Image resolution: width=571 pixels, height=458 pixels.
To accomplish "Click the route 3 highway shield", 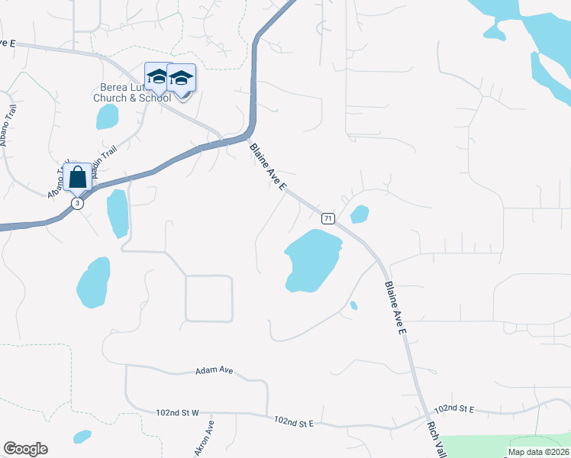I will tap(76, 203).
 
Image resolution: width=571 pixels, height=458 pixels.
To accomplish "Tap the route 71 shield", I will tap(327, 218).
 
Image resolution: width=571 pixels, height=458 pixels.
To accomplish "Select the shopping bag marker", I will tap(78, 177).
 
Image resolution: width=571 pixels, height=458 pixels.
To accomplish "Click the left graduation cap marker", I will tap(157, 77).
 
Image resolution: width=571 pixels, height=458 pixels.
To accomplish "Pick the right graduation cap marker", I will tap(182, 79).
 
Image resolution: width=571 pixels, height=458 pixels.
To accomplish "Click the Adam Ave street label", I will tap(214, 370).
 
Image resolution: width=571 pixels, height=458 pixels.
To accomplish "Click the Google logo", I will tap(25, 449).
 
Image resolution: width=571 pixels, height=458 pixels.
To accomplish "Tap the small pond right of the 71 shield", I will tap(360, 213).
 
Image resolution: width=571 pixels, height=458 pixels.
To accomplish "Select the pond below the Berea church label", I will tap(108, 116).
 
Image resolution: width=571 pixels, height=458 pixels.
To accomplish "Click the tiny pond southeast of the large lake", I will tap(353, 306).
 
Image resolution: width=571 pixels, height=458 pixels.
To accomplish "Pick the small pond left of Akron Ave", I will tap(82, 437).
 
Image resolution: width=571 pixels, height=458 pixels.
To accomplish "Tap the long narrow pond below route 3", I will tap(118, 214).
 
